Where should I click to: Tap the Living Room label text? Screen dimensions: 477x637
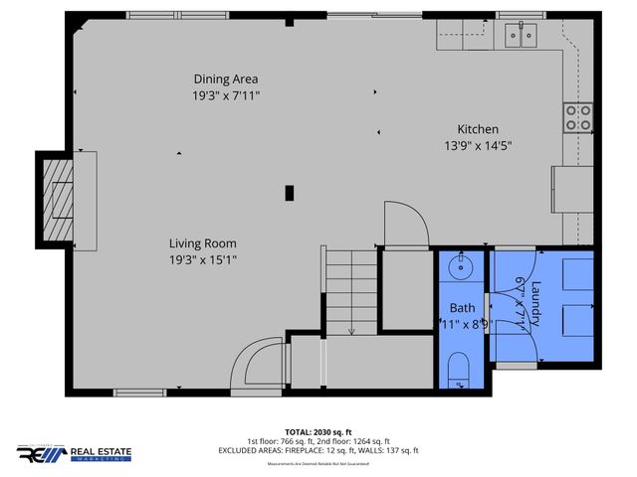pyautogui.click(x=202, y=242)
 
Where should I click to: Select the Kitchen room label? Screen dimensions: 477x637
pyautogui.click(x=478, y=129)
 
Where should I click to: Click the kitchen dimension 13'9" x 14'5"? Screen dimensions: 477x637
pyautogui.click(x=478, y=145)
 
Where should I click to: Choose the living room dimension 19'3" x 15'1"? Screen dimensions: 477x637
pyautogui.click(x=202, y=259)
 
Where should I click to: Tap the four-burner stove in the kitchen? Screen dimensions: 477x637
pyautogui.click(x=577, y=118)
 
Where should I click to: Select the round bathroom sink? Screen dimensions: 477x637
pyautogui.click(x=461, y=267)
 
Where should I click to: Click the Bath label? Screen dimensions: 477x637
pyautogui.click(x=461, y=307)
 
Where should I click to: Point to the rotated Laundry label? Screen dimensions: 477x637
pyautogui.click(x=534, y=304)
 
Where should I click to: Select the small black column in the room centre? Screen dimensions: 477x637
pyautogui.click(x=290, y=193)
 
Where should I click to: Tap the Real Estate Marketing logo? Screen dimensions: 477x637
pyautogui.click(x=74, y=453)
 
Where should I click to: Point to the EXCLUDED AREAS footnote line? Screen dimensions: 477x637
pyautogui.click(x=318, y=450)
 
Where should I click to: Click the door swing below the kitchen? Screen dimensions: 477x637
pyautogui.click(x=405, y=225)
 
